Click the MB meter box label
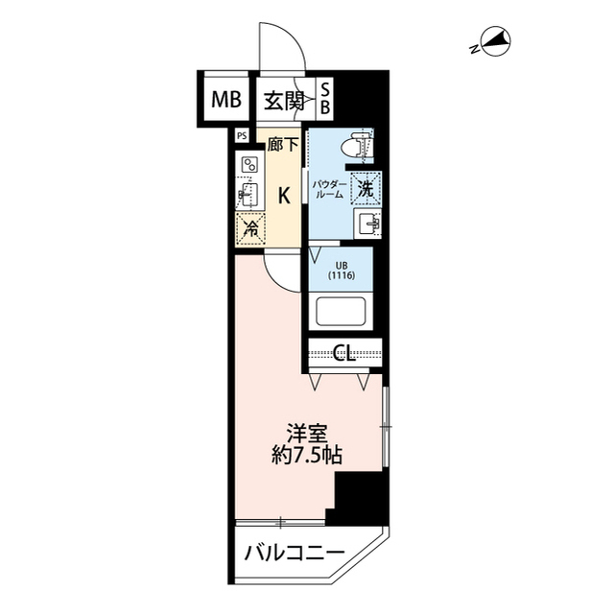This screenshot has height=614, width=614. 222,97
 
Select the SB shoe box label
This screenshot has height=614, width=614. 324,98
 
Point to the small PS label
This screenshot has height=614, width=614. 241,136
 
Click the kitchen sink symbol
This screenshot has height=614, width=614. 248,197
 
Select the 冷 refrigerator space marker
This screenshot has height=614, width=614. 249,228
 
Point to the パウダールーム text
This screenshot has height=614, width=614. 329,187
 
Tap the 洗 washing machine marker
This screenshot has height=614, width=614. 366,187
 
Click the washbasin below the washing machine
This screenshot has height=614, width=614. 368,225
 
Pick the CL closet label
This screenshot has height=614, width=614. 345,354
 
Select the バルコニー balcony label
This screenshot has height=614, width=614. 294,554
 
